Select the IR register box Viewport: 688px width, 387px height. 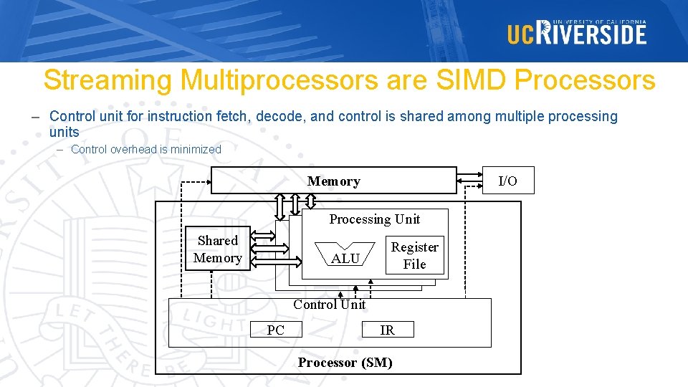click(387, 330)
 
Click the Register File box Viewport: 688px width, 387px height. click(414, 255)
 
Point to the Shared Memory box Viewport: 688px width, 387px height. click(217, 249)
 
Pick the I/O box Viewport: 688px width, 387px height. click(507, 181)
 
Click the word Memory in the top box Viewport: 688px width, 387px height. click(333, 181)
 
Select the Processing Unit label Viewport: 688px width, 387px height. click(374, 219)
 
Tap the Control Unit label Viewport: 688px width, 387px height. click(329, 305)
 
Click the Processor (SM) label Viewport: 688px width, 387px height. click(345, 363)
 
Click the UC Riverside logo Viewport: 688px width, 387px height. click(577, 32)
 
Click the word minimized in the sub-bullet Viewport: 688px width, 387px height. click(194, 149)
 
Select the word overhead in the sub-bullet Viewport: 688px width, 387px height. click(134, 149)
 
